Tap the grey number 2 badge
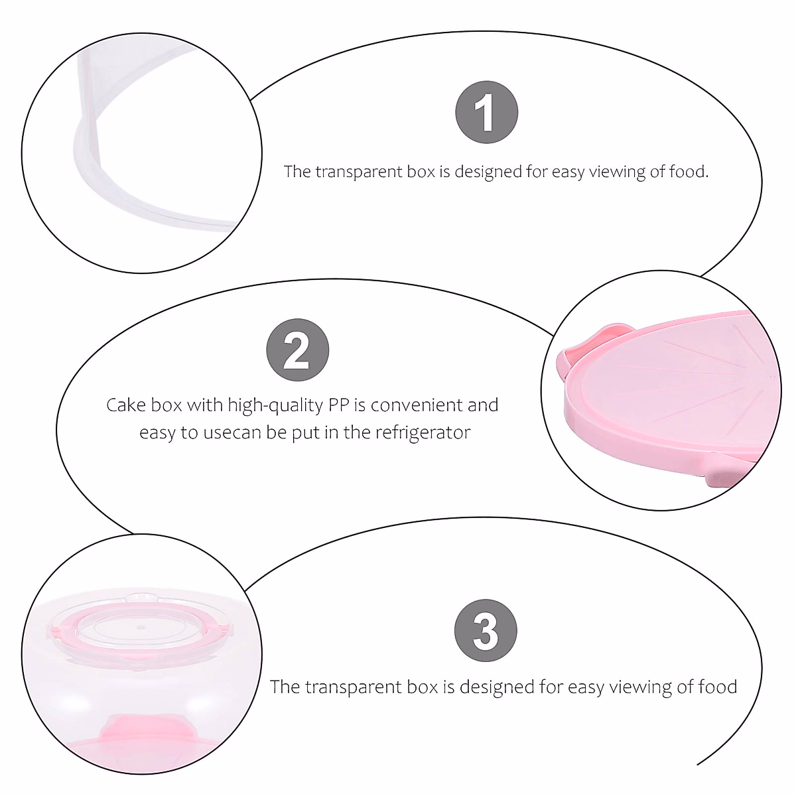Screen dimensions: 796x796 tap(297, 350)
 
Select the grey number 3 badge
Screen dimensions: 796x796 tap(486, 631)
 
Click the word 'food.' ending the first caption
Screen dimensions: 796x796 tap(689, 172)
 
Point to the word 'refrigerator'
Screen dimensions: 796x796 tap(423, 433)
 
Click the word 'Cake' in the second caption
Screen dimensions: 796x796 tap(126, 405)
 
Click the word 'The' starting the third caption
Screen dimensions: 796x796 tap(285, 687)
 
